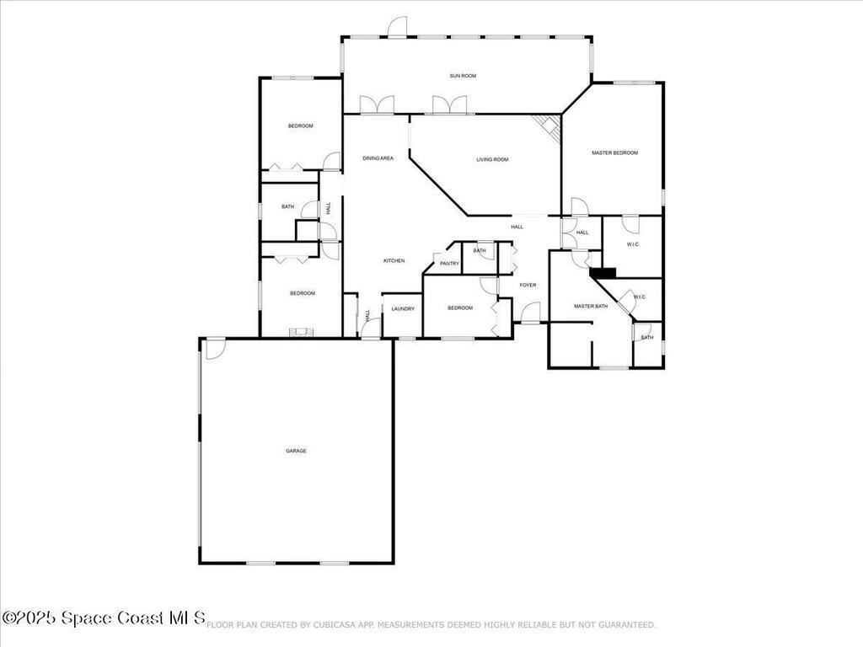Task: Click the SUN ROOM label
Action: pos(463,76)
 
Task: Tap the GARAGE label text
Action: pos(296,451)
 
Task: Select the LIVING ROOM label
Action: pos(492,159)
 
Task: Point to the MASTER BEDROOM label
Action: pos(614,152)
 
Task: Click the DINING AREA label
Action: pos(378,158)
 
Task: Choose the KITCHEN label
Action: pos(394,260)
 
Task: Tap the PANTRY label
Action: pos(449,264)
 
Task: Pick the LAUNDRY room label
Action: pos(403,308)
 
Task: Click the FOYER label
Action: pos(528,285)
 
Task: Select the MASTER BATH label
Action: pos(590,306)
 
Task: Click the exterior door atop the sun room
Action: pos(398,27)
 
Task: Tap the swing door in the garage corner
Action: pos(216,348)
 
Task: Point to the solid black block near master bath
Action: pos(603,272)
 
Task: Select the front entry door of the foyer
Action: pos(530,313)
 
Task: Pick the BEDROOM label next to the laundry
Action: pos(459,307)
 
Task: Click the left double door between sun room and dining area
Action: pos(377,105)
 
